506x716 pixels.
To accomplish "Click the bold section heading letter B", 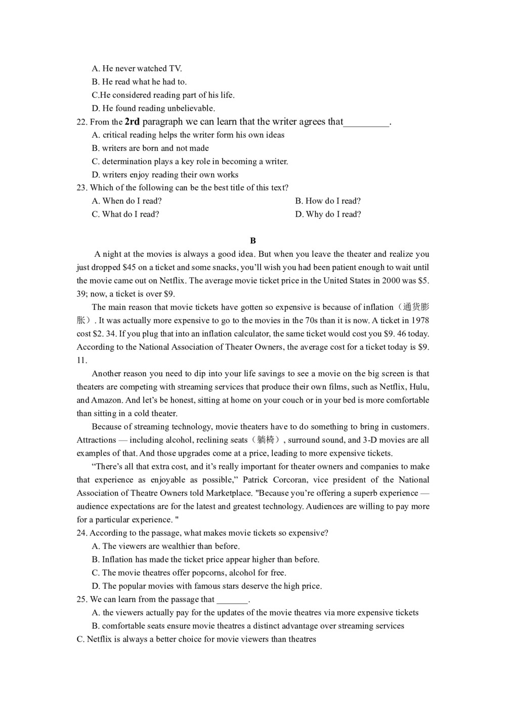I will (x=253, y=241).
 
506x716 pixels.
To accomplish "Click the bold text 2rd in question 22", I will (x=132, y=122).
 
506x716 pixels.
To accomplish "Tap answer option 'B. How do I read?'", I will (x=328, y=201).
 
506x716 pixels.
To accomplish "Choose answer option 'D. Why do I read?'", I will (x=328, y=214).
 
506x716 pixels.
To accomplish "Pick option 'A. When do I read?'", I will (x=127, y=201).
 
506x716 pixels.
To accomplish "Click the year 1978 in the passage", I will (x=420, y=321).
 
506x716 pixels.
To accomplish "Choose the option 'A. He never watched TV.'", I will (x=137, y=69).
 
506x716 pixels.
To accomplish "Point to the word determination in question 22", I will (x=126, y=162).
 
